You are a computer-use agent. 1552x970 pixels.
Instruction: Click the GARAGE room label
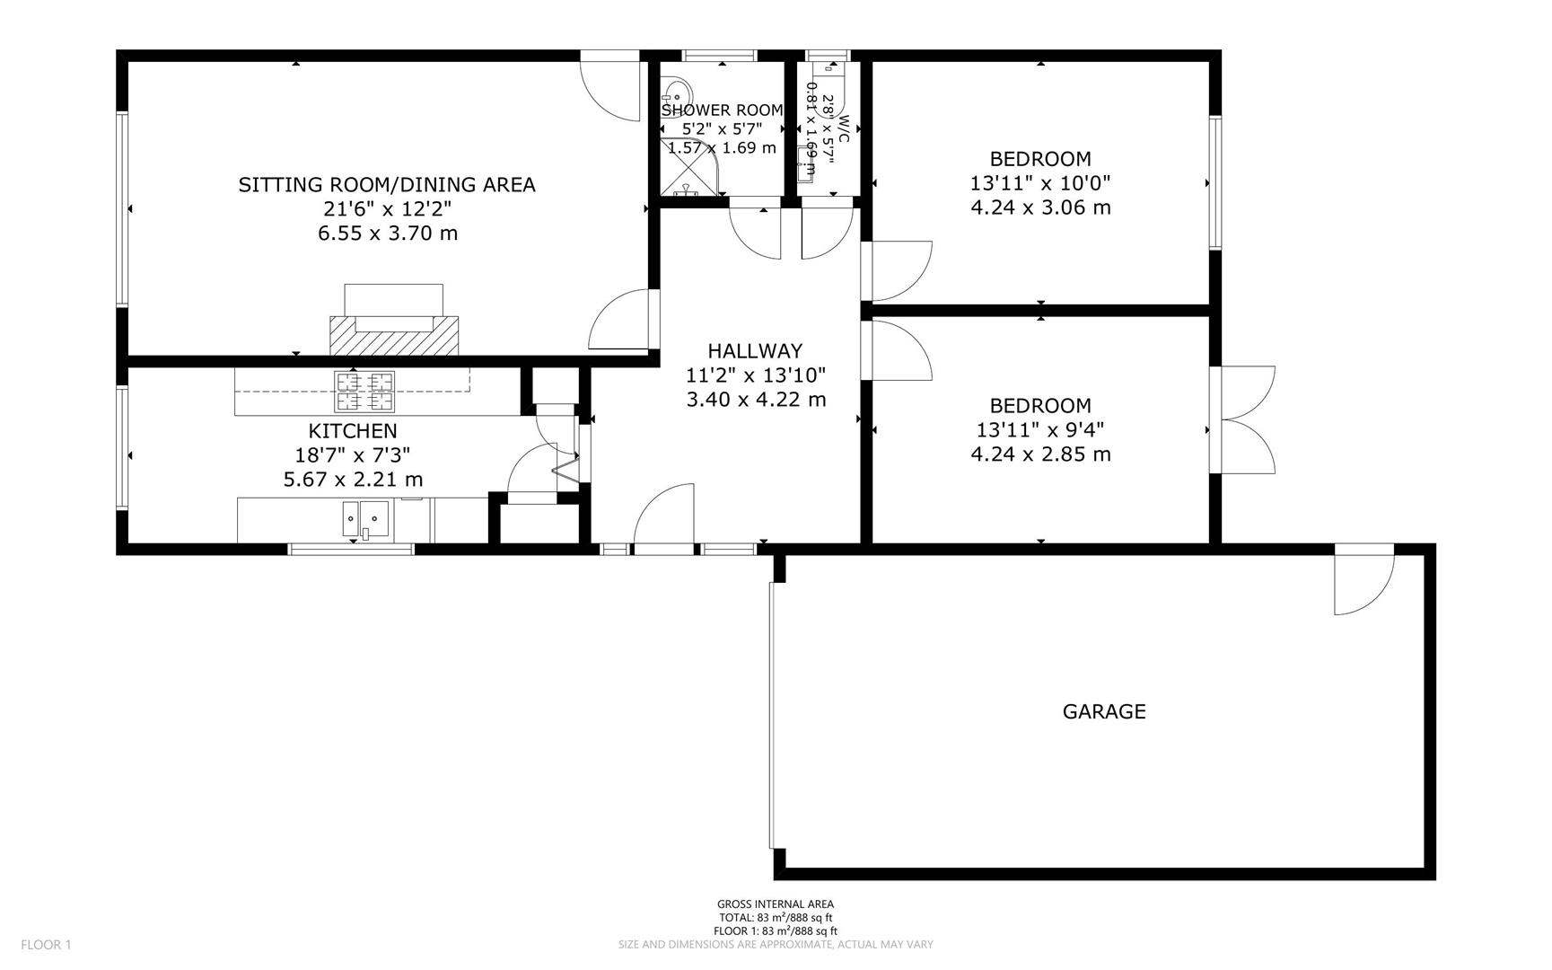click(x=1103, y=711)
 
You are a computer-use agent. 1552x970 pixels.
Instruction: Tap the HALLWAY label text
click(x=755, y=351)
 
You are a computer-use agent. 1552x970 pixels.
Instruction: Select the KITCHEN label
click(x=353, y=431)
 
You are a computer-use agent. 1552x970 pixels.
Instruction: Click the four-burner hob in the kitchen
click(x=365, y=392)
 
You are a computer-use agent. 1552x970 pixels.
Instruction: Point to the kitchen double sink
click(x=365, y=518)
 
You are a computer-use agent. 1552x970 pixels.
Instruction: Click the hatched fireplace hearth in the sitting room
click(x=395, y=335)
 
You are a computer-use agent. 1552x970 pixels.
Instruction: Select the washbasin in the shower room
click(x=676, y=94)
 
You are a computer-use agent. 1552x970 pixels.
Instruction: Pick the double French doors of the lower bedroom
click(x=1243, y=419)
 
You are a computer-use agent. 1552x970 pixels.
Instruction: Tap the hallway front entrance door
click(x=664, y=516)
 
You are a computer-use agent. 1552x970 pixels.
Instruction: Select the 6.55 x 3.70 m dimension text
click(x=388, y=234)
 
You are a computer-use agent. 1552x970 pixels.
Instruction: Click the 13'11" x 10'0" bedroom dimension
click(x=1040, y=183)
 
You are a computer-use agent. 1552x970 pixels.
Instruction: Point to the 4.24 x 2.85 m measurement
click(x=1040, y=454)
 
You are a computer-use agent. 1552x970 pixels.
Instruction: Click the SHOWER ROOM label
click(x=722, y=110)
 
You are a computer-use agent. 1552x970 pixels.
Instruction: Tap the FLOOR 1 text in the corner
click(x=46, y=944)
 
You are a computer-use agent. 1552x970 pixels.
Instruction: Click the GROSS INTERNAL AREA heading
click(x=775, y=904)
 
